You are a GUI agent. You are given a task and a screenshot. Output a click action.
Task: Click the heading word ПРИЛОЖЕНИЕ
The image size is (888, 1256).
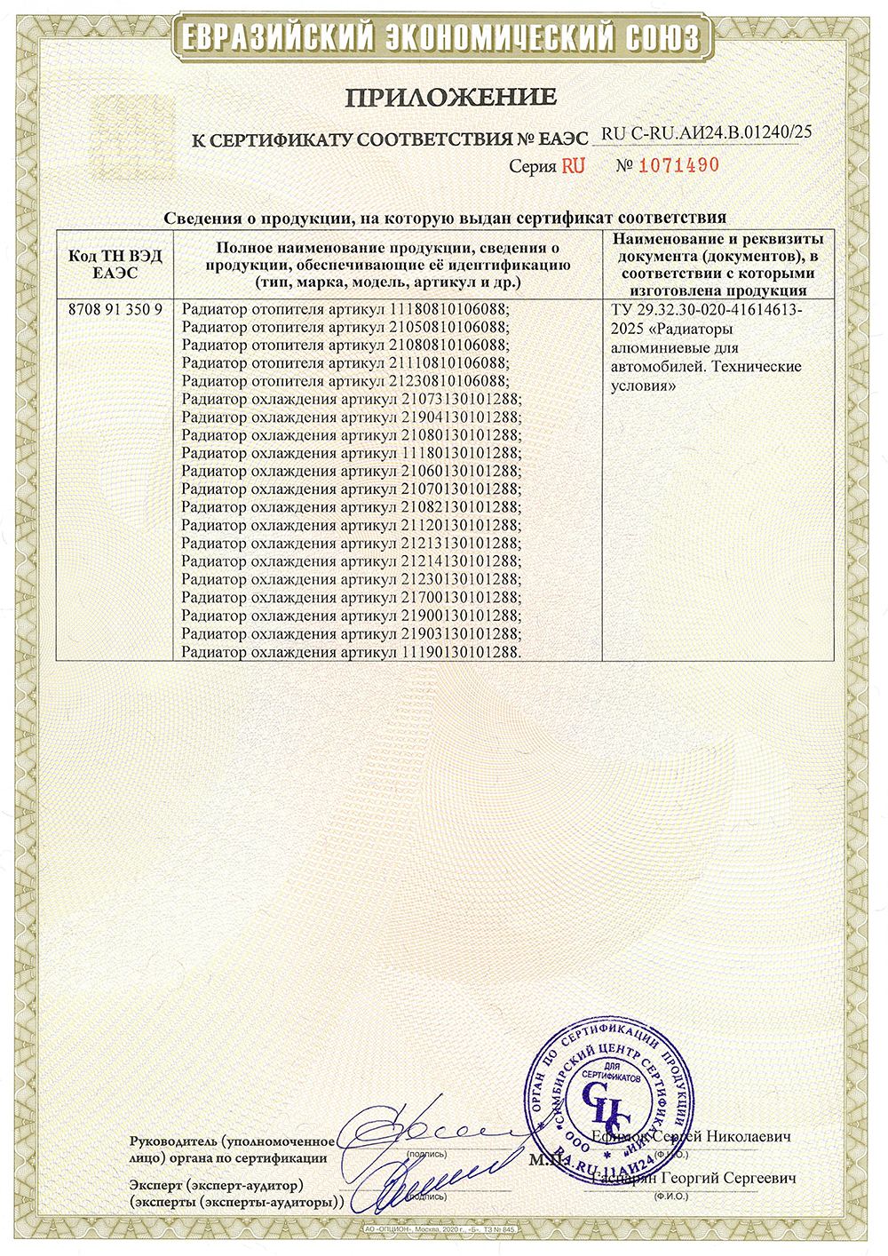[x=450, y=97]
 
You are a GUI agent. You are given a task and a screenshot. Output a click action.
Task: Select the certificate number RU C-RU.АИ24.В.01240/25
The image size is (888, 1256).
[x=706, y=133]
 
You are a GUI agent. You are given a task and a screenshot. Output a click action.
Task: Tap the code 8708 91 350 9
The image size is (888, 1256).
[x=115, y=310]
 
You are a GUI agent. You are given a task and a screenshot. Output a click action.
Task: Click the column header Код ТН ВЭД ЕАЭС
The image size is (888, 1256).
[x=115, y=265]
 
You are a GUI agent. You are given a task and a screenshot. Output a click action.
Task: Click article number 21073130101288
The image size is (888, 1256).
[x=460, y=400]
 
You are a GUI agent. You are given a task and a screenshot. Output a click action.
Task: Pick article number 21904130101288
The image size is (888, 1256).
[x=460, y=417]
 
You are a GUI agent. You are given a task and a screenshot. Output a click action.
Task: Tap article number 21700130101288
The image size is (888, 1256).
[x=460, y=598]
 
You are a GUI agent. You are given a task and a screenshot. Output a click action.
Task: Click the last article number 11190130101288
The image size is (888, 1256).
[x=460, y=652]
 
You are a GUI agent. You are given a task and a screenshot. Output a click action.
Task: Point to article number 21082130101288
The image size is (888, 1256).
[x=460, y=507]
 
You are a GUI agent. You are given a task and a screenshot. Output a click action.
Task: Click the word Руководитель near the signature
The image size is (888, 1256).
[x=173, y=1141]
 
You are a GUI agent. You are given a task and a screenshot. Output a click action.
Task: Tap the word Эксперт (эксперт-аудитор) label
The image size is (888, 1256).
[x=216, y=1185]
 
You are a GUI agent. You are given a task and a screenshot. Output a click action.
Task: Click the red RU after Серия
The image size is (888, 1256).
[x=573, y=166]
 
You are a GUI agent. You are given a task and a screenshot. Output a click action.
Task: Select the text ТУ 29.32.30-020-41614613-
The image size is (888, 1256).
[x=707, y=310]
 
